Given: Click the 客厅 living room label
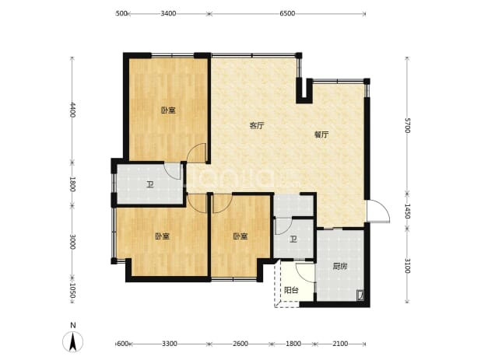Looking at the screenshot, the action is [x=257, y=125].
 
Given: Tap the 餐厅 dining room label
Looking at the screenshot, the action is [x=321, y=135].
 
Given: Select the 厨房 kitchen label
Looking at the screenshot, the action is [x=340, y=266].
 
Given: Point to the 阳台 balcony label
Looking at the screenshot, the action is [x=291, y=290].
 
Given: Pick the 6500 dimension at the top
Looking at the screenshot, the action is [x=287, y=13].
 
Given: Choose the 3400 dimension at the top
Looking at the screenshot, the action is [x=168, y=13].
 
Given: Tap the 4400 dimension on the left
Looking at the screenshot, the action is [x=72, y=110].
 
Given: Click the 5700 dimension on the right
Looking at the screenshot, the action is [x=407, y=125].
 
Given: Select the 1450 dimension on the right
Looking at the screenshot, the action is [x=407, y=211].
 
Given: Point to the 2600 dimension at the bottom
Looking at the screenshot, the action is [x=240, y=344].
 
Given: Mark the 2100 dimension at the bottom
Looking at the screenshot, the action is [x=340, y=344].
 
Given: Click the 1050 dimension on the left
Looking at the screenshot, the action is [x=72, y=290].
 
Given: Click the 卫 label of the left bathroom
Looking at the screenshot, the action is [x=149, y=185].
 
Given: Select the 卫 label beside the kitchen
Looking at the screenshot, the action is [x=293, y=239].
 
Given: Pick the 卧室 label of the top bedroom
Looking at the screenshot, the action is [x=168, y=110].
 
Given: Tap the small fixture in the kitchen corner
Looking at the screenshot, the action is [x=360, y=295].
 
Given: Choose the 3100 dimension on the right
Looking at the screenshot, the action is [x=407, y=265].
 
